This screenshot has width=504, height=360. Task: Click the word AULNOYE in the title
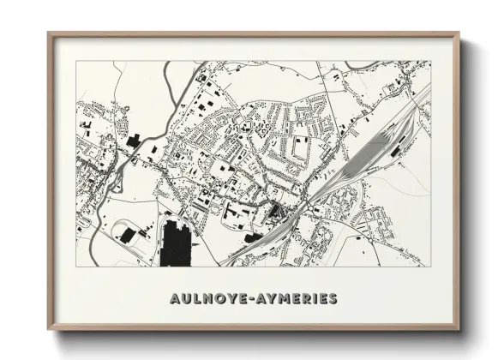point(207,299)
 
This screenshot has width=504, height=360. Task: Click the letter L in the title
point(195,299)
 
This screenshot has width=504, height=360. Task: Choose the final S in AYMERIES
point(332,299)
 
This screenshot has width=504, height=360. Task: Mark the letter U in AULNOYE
point(184,299)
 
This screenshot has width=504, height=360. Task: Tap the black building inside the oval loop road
point(129,234)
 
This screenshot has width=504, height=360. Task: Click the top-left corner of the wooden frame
point(50,34)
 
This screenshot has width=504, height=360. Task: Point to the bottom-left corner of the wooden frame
point(50,329)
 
